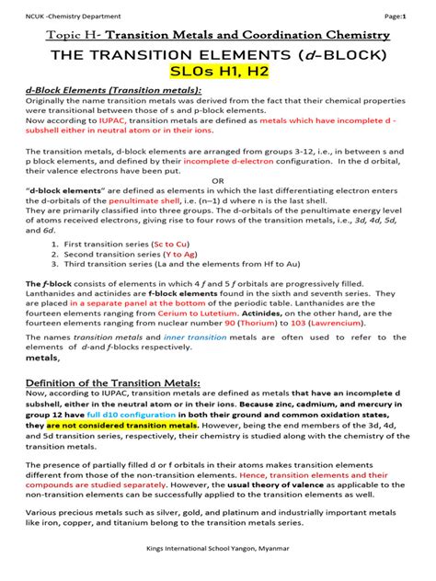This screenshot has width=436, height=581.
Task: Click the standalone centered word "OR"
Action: (218, 181)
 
